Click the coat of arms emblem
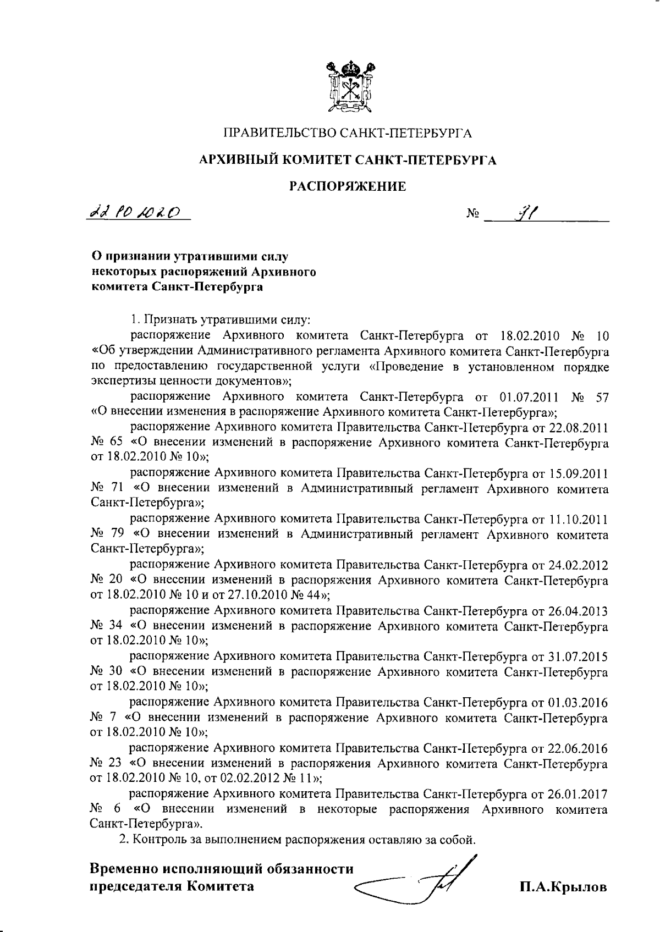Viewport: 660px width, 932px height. [348, 88]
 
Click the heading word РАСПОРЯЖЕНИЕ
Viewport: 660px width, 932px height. [348, 187]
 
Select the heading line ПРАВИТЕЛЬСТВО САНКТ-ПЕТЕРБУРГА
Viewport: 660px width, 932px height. [348, 133]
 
